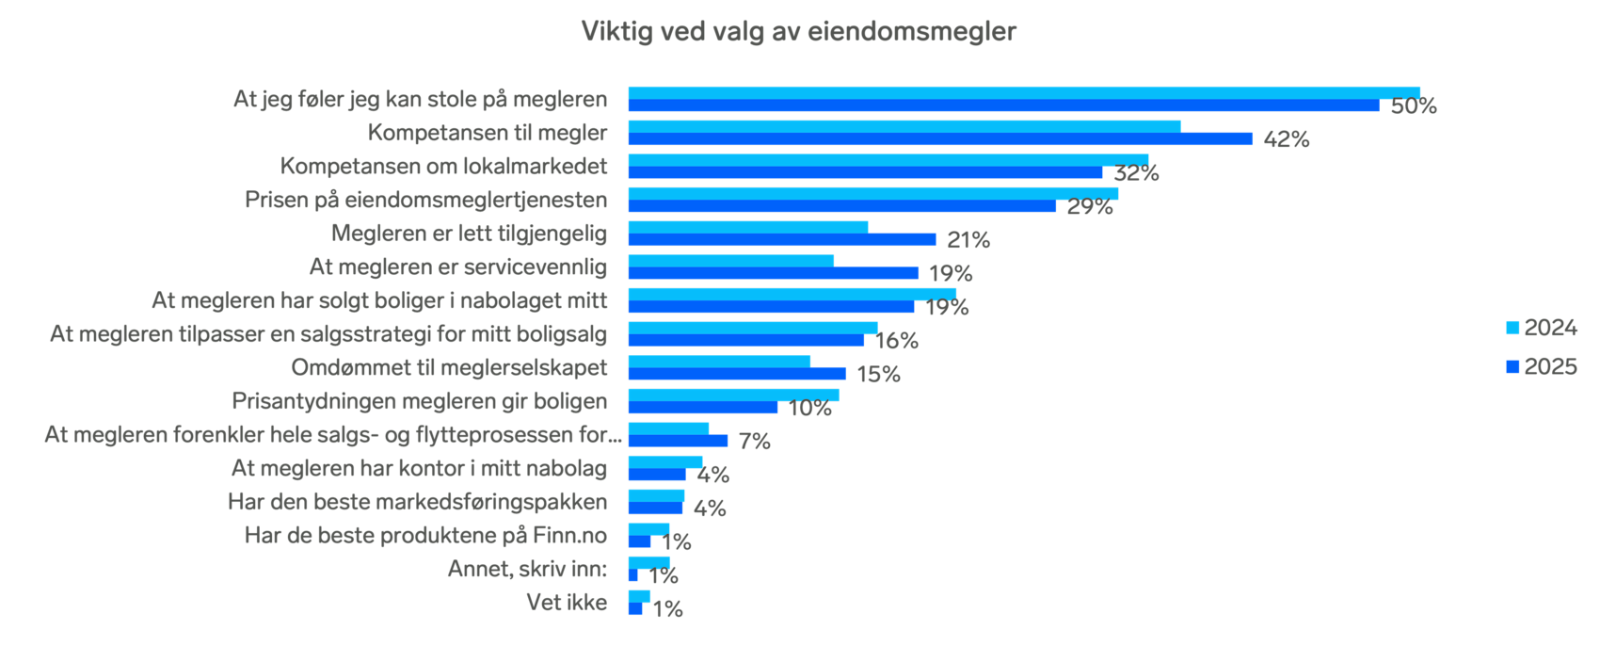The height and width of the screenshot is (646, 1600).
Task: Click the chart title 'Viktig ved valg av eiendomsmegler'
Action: (x=799, y=31)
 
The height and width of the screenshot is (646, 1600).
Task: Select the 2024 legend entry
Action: (x=1541, y=328)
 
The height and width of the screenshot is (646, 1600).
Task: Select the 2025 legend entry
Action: (x=1541, y=366)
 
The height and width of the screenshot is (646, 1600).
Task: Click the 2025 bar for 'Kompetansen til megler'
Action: (x=939, y=138)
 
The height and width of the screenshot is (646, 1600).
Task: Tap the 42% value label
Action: (x=1287, y=139)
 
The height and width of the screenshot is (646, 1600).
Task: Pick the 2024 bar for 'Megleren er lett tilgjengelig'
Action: (x=747, y=227)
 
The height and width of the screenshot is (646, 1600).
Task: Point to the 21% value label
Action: (x=968, y=240)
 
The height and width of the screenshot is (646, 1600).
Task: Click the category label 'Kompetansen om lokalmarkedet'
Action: (x=443, y=167)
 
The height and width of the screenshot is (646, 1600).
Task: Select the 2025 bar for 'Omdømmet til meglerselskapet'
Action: (x=736, y=374)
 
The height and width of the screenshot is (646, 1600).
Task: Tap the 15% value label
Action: (x=878, y=375)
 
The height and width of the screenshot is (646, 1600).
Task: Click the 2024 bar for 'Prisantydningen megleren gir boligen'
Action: (x=733, y=395)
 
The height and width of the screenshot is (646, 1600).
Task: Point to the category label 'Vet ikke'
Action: (x=567, y=603)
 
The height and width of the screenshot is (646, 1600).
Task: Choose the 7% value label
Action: (x=754, y=442)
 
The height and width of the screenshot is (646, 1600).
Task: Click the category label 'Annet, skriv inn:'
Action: (x=527, y=569)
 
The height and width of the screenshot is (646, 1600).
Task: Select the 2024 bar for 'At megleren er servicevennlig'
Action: (x=730, y=261)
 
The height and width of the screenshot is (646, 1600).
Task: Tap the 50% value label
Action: (x=1414, y=106)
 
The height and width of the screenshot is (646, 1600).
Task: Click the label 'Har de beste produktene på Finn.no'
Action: (x=425, y=536)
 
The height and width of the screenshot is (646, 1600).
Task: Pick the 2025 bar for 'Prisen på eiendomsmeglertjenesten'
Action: (x=841, y=206)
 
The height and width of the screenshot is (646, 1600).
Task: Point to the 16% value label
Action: (x=897, y=341)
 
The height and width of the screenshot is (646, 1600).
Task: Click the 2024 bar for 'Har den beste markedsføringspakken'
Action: (x=656, y=495)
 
